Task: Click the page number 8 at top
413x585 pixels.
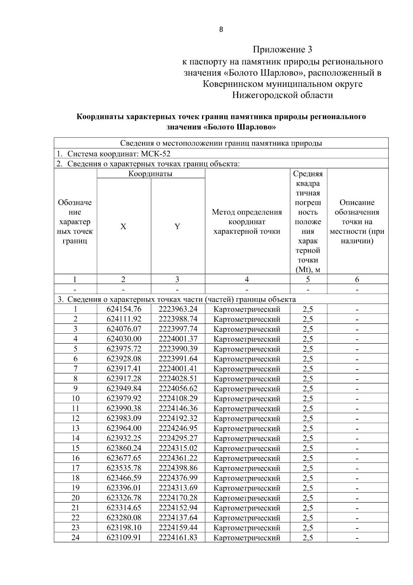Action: click(221, 30)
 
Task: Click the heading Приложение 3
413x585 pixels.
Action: click(282, 50)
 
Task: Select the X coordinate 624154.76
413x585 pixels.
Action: click(124, 309)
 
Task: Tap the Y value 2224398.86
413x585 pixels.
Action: click(178, 468)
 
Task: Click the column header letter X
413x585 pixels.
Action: click(123, 226)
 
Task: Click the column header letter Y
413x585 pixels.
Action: click(177, 226)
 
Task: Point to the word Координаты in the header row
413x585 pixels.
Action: click(150, 174)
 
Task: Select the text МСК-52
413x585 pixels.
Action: click(156, 154)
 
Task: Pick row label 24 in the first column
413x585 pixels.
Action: click(75, 537)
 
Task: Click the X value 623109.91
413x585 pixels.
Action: click(124, 537)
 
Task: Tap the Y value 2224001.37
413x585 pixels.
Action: click(178, 339)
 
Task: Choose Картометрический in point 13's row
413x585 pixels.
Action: click(247, 428)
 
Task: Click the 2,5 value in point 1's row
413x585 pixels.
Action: click(308, 309)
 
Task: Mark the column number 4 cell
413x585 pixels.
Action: click(247, 279)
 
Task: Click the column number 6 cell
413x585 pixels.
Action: click(357, 279)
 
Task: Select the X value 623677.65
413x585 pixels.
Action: click(124, 458)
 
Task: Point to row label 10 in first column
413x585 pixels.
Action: click(75, 399)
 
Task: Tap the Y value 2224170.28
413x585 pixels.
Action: click(178, 498)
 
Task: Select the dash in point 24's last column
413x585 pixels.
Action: click(357, 538)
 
